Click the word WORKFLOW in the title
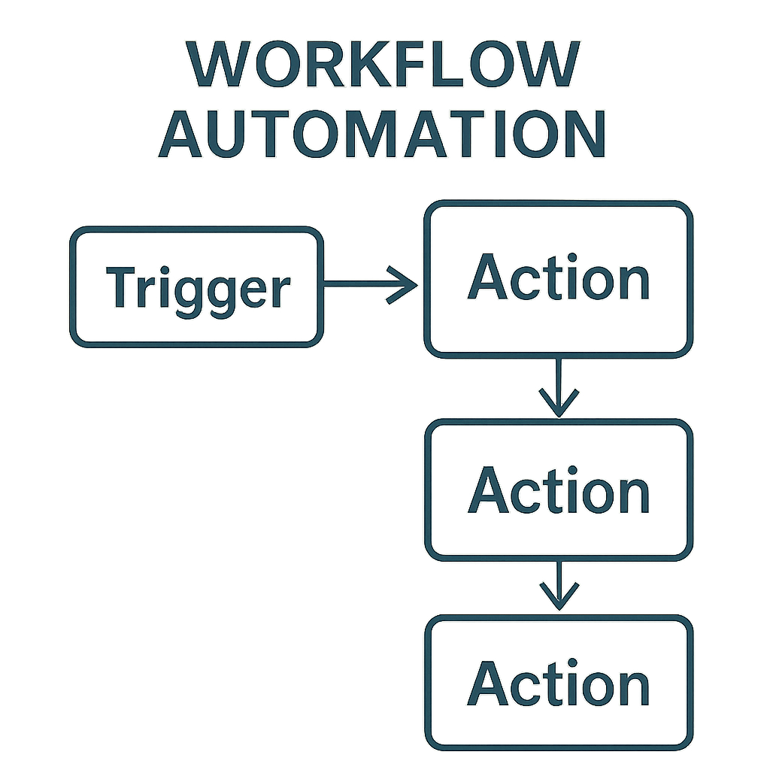click(383, 65)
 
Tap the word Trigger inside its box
click(198, 287)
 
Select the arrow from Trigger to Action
click(368, 284)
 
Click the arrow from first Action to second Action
click(558, 387)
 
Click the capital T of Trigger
click(122, 286)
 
